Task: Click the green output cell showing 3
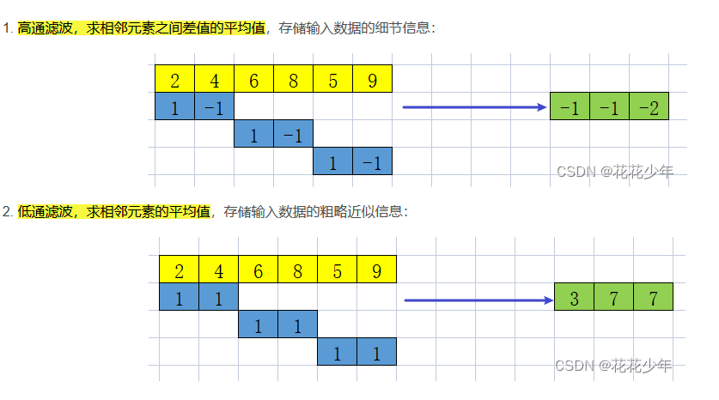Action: tap(575, 297)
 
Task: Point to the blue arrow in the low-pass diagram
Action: tap(478, 300)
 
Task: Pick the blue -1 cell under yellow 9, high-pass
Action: tap(372, 161)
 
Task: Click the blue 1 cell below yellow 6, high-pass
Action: tap(253, 134)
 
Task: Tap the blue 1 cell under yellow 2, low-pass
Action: tap(179, 297)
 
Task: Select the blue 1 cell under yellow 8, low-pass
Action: tap(297, 324)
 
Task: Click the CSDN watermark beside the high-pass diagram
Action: tap(613, 171)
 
